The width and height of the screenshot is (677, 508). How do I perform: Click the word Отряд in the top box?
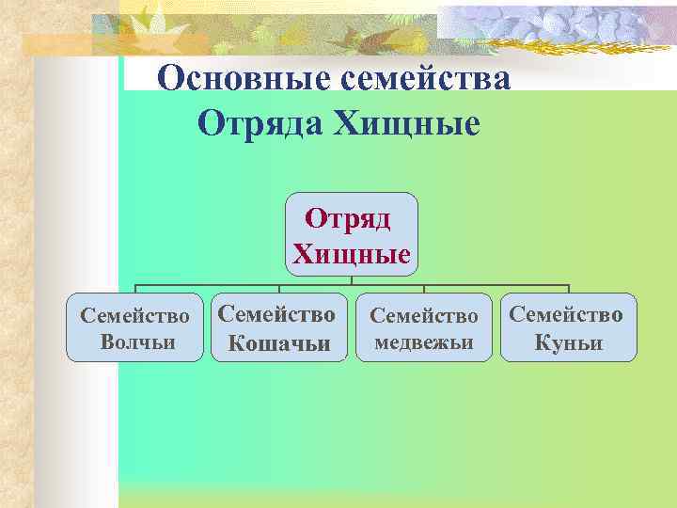[x=348, y=220]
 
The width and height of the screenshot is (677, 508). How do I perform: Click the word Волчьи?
[x=137, y=341]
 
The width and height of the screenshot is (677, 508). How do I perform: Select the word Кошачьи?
[x=280, y=343]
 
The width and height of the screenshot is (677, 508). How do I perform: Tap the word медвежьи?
[x=423, y=341]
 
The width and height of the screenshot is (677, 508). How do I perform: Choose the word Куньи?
[x=569, y=343]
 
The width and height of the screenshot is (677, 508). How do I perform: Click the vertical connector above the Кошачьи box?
[x=280, y=290]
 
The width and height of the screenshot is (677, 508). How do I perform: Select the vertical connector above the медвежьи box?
[x=423, y=290]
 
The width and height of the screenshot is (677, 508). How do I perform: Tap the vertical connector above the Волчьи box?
[x=135, y=290]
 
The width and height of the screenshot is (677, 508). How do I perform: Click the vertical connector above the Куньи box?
[x=569, y=290]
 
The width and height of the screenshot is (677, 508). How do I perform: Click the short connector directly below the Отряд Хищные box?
[x=353, y=280]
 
